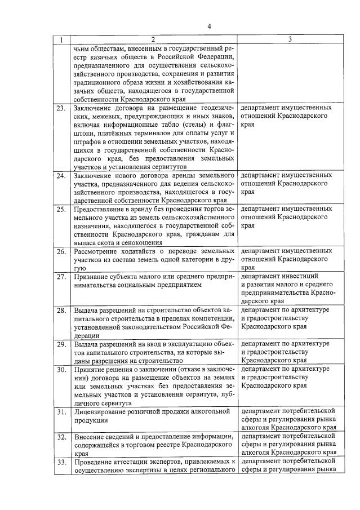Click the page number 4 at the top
point(208,26)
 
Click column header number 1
point(61,40)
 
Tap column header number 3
point(290,40)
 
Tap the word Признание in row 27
point(92,277)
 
